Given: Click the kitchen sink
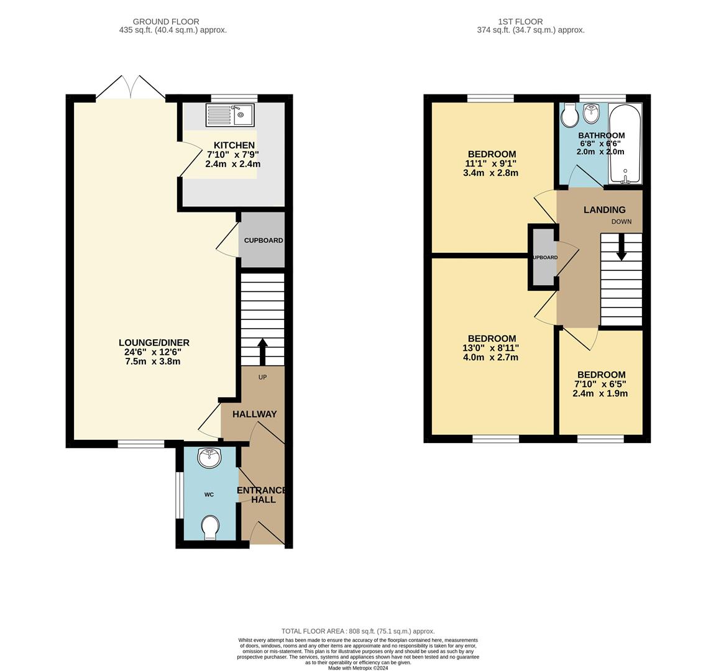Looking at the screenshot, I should [229, 115].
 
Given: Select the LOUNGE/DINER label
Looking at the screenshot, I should [154, 343].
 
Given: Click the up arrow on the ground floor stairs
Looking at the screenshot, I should [262, 351].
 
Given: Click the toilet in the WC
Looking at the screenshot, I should [210, 527].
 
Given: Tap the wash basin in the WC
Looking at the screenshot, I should [208, 459].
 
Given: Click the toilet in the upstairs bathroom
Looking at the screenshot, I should [569, 115].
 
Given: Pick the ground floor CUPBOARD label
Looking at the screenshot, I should [263, 240].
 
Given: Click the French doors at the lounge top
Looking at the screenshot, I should [131, 87].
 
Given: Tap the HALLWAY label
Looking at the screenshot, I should [254, 414].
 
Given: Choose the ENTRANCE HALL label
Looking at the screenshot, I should [262, 495].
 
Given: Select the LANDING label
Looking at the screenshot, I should [604, 210].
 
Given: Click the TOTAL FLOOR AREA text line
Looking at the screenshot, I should [358, 631].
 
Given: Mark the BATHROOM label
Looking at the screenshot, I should [601, 135].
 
